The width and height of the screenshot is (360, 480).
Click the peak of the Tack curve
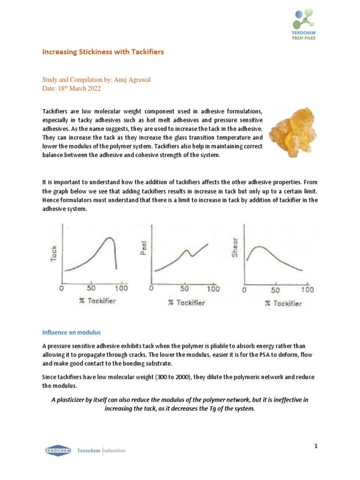(x=110, y=238)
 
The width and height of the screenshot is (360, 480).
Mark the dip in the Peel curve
(x=191, y=256)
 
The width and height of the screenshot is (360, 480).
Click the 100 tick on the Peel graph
(x=213, y=289)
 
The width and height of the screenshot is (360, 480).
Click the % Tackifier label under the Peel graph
(x=187, y=303)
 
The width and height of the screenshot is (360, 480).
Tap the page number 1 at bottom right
(x=316, y=446)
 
